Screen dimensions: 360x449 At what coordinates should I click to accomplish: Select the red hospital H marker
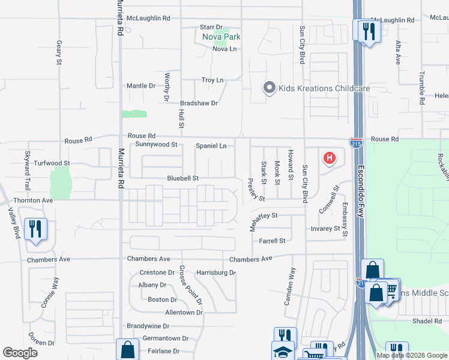(x=329, y=158)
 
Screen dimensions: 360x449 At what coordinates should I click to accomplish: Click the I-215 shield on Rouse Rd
(x=355, y=140)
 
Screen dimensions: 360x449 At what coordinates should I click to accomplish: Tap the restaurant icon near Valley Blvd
(x=35, y=229)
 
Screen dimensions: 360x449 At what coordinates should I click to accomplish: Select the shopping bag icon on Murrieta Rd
(x=128, y=350)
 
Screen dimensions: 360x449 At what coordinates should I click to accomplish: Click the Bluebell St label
(x=182, y=179)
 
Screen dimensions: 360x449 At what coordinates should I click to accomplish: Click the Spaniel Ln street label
(x=211, y=146)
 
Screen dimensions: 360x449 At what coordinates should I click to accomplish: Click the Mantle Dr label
(x=141, y=86)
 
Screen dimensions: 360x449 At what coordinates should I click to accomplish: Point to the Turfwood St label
(x=52, y=163)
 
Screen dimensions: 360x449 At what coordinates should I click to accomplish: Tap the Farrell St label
(x=272, y=241)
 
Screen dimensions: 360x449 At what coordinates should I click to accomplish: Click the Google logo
(x=20, y=353)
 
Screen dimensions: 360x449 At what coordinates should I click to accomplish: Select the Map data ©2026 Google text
(x=411, y=355)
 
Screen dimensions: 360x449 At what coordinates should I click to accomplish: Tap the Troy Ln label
(x=212, y=80)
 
